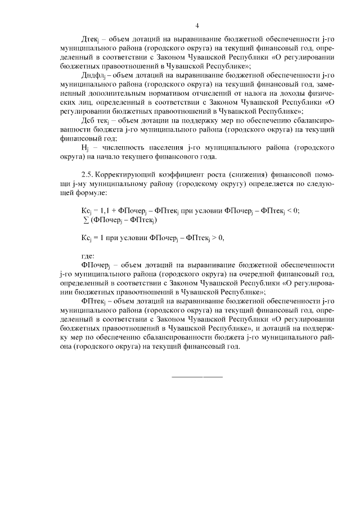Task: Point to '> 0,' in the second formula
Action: coord(215,237)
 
